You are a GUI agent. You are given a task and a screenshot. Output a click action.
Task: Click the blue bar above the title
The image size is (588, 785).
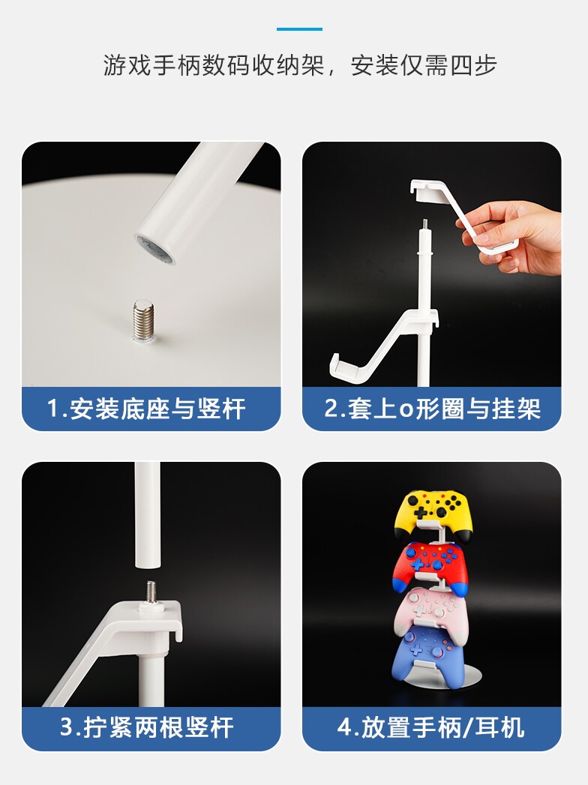tap(299, 29)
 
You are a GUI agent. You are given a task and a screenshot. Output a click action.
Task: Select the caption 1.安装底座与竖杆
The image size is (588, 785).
tap(146, 409)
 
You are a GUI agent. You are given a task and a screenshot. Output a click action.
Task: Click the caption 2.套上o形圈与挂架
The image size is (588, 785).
tap(432, 409)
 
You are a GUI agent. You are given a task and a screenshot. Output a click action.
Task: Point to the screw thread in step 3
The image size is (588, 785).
tap(151, 593)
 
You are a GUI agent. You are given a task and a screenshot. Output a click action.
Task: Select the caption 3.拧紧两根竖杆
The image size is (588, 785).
tap(146, 727)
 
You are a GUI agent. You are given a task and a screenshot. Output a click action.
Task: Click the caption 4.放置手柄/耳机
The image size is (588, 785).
tap(432, 727)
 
